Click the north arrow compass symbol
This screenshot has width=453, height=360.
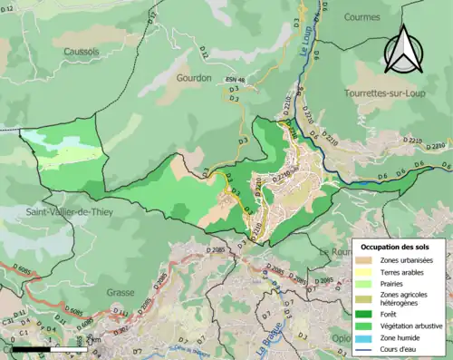pos(403,47)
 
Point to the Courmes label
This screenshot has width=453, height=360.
pos(365,15)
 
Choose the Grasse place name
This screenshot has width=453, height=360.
pos(120,268)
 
